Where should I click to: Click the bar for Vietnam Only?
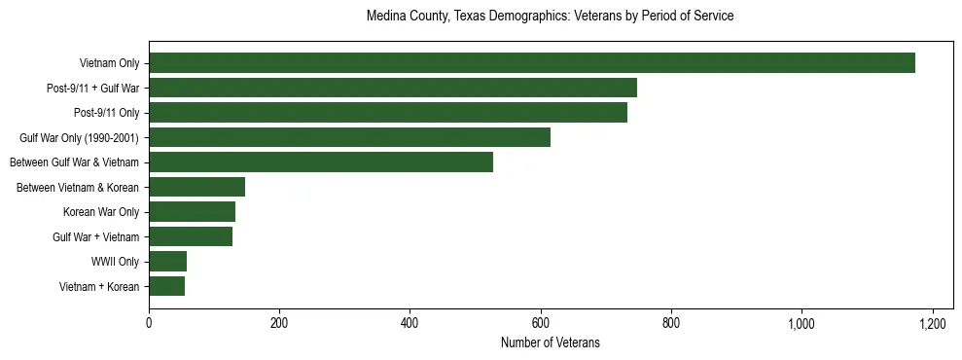coord(532,63)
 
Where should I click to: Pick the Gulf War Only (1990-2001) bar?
coord(350,137)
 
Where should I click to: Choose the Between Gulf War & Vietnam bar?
coord(321,162)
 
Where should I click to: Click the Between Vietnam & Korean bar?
coord(196,187)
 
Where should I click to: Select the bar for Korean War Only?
coord(192,211)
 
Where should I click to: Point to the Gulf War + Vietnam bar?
coord(191,236)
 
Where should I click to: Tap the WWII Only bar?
coord(167,261)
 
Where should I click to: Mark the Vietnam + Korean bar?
coord(166,286)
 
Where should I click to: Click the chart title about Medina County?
coord(550,17)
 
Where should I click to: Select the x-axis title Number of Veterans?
coord(550,343)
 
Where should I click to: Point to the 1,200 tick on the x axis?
coord(932,322)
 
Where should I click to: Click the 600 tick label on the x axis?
coord(541,322)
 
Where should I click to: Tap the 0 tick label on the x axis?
coord(149,322)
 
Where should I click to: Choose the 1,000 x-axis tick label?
coord(802,322)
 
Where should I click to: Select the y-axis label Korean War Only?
coord(101,212)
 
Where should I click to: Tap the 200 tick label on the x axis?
coord(279,322)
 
